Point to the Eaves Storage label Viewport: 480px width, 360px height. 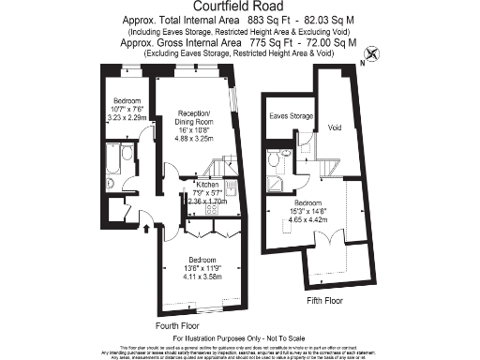(290, 116)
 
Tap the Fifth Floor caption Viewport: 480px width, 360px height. (326, 301)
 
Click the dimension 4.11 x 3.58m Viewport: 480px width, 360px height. (202, 278)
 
